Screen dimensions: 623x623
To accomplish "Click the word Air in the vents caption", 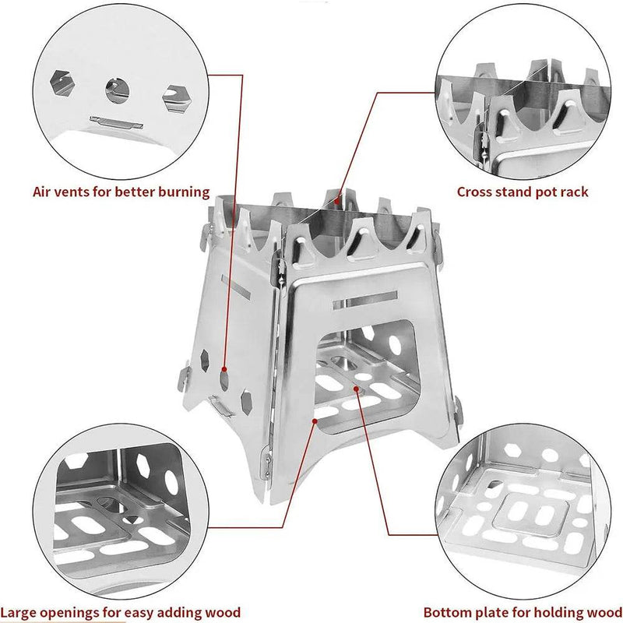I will click(x=44, y=192).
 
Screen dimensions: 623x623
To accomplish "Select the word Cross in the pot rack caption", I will click(x=475, y=192).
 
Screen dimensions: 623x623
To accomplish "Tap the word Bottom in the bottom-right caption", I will click(x=447, y=612).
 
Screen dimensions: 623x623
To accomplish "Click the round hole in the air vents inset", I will click(x=116, y=87).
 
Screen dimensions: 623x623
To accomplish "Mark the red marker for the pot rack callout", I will click(x=337, y=201).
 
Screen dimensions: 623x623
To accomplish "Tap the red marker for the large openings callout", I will click(x=314, y=421).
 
